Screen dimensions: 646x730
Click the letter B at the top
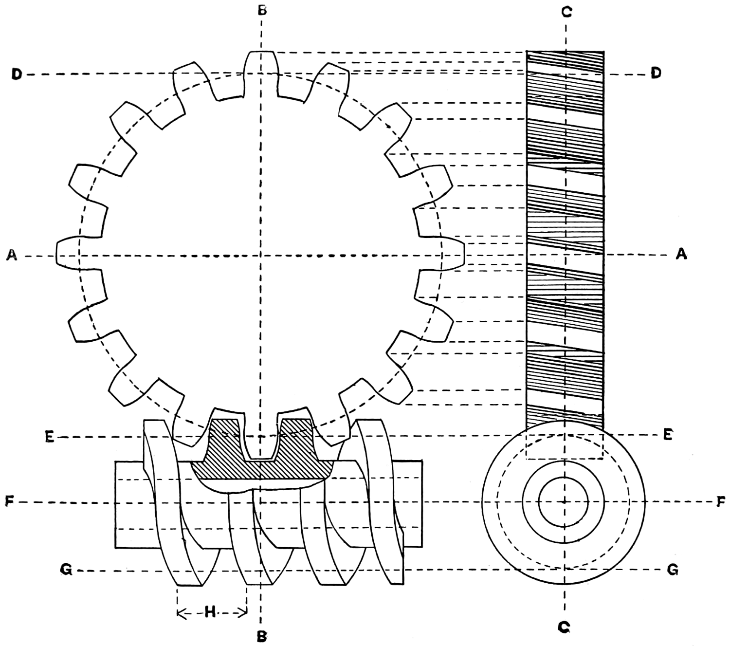[x=262, y=10]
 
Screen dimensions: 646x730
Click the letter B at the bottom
[x=262, y=636]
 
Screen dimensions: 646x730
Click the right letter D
[x=656, y=74]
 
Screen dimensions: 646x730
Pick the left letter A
[x=12, y=255]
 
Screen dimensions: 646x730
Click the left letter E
[x=49, y=438]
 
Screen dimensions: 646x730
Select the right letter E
[x=668, y=435]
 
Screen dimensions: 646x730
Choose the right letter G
[x=672, y=570]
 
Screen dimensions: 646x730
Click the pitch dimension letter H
[x=210, y=612]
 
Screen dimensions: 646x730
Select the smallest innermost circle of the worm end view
[x=564, y=501]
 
